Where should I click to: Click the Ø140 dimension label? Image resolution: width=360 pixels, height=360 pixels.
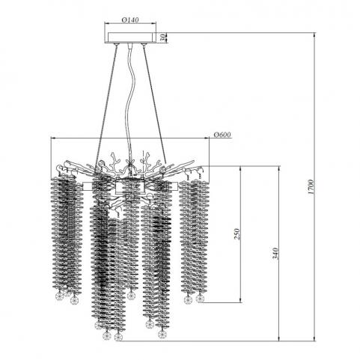129,19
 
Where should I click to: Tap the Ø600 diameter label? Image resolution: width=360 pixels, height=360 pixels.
222,135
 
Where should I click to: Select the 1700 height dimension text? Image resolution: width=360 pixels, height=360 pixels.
311,187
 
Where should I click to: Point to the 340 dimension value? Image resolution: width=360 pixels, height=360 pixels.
275,254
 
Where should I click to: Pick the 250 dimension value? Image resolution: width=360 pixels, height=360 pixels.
237,234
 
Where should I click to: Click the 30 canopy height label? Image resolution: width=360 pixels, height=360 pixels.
162,38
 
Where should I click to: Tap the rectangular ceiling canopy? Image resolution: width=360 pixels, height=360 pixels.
130,37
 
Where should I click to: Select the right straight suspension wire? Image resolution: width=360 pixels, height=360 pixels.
154,105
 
